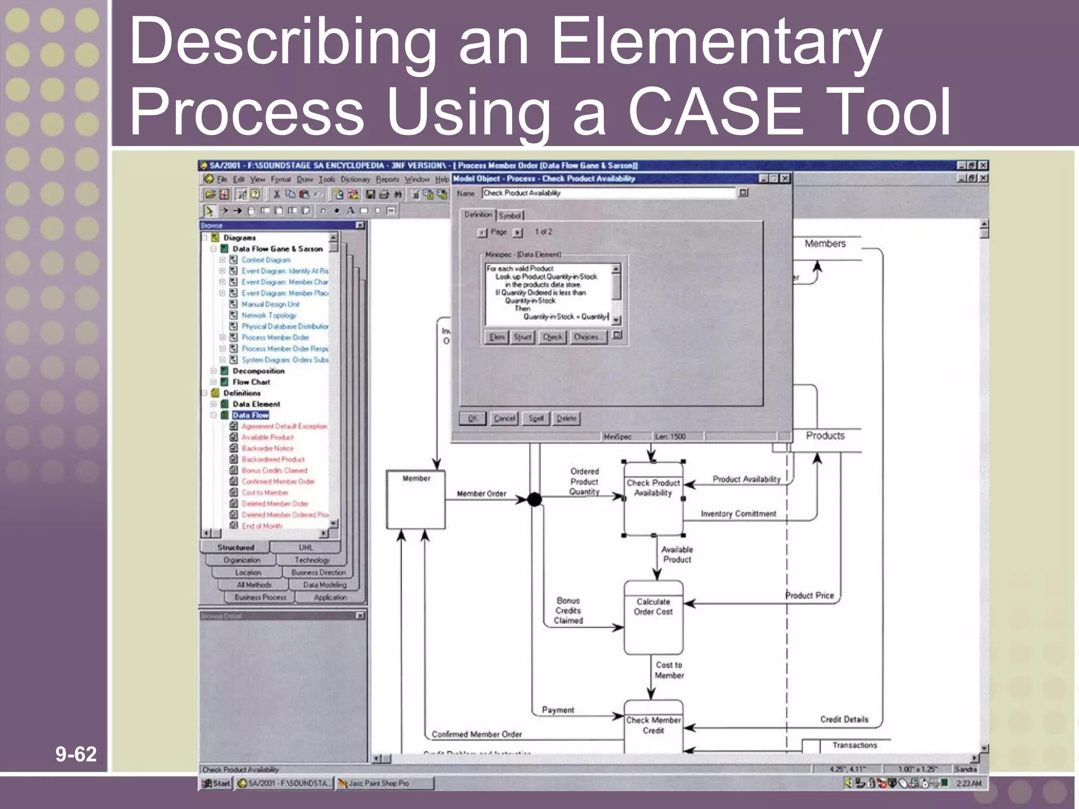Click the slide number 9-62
tap(76, 754)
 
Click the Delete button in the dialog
tap(567, 418)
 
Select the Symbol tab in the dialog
tap(509, 215)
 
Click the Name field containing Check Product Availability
tap(608, 193)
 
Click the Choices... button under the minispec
tap(587, 337)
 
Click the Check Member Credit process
tap(653, 726)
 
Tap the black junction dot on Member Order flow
tap(534, 499)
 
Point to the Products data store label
tap(825, 436)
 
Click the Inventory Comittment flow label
tap(738, 514)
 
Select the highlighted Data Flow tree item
tap(251, 415)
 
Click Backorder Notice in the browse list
tap(268, 448)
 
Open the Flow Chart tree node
tap(251, 382)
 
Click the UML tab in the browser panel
tap(306, 547)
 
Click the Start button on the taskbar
tap(216, 783)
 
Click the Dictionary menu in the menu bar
tap(355, 180)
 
